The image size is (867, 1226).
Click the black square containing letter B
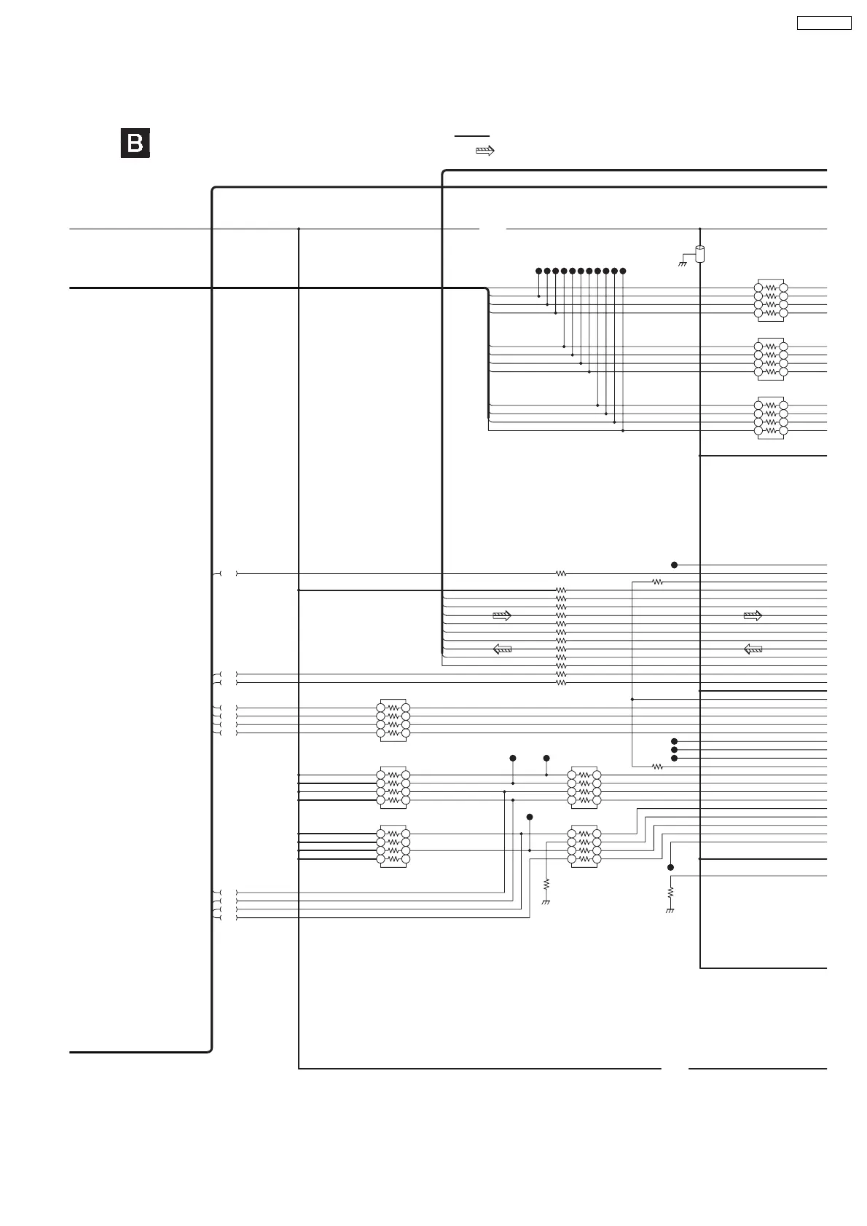click(136, 143)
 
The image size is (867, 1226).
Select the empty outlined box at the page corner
click(824, 23)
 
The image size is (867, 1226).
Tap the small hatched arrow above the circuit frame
click(484, 151)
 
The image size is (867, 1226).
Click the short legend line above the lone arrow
click(472, 136)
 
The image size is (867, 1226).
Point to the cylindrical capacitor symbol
click(700, 254)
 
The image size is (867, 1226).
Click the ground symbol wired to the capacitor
click(683, 263)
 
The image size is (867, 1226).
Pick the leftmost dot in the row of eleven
click(538, 271)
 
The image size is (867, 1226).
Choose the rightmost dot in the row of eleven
click(623, 271)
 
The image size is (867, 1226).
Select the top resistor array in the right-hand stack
click(771, 300)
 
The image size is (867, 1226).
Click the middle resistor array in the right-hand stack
click(771, 359)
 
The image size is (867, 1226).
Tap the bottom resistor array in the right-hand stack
click(771, 418)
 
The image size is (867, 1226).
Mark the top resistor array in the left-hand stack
click(393, 720)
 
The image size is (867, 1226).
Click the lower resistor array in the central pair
click(584, 846)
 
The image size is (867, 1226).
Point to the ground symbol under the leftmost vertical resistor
click(546, 903)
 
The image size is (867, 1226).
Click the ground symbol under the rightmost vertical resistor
click(670, 911)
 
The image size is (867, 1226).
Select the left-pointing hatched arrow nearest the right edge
click(753, 649)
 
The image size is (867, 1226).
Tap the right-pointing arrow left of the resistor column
click(502, 616)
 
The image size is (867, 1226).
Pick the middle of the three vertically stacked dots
click(674, 750)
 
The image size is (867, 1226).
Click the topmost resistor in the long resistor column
click(561, 574)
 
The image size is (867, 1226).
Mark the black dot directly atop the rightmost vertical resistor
click(671, 868)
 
